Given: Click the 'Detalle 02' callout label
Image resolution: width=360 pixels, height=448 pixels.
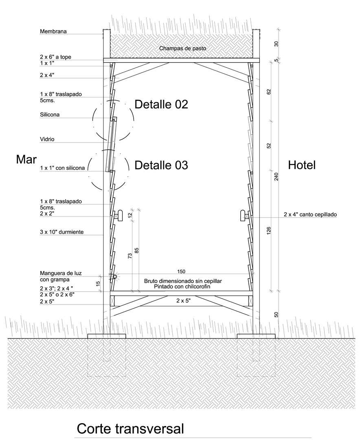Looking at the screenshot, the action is [x=161, y=104].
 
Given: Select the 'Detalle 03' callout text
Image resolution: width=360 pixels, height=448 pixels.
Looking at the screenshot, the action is [x=161, y=165].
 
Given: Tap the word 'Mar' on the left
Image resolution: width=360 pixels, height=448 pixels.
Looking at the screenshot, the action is [x=26, y=159].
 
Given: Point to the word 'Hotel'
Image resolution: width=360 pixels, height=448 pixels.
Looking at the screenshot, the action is [x=302, y=165].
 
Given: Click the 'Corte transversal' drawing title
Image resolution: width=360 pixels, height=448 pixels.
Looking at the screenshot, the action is [x=130, y=428].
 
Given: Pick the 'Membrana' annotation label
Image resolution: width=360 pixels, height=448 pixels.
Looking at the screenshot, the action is [x=53, y=31].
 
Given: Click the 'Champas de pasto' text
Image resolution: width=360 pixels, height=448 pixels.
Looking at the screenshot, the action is [x=182, y=48].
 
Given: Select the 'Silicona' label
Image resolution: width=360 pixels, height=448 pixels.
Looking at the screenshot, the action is [x=50, y=114].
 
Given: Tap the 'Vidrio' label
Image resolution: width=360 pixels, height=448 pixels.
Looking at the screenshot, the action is [x=47, y=139].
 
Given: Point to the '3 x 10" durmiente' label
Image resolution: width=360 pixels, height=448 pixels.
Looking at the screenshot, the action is [x=62, y=232].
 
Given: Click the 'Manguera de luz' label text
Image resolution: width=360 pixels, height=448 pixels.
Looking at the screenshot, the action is [x=61, y=273].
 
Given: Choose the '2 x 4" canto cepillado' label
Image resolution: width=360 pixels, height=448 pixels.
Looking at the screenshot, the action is [x=310, y=214].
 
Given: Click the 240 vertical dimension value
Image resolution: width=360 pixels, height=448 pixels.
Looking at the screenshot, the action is [x=276, y=177].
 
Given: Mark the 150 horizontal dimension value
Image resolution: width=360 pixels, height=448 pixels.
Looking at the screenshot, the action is [x=181, y=271].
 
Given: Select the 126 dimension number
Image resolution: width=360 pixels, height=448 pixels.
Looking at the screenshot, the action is [x=268, y=231].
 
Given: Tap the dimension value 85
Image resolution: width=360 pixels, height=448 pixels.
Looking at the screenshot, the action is [x=136, y=250].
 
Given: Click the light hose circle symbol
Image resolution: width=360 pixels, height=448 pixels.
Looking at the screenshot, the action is [x=115, y=277].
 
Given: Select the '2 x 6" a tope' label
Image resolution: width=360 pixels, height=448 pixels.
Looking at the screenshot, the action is [x=55, y=57].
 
